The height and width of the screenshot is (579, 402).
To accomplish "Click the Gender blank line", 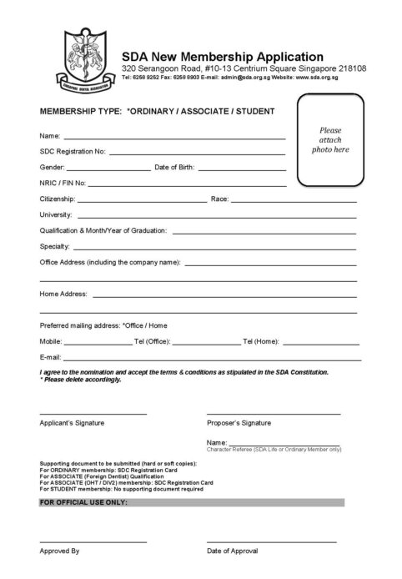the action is click(107, 169).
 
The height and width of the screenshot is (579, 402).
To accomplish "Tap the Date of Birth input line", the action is click(242, 169).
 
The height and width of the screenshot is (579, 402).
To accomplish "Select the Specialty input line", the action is click(214, 249).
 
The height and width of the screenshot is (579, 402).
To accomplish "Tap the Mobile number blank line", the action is click(98, 343).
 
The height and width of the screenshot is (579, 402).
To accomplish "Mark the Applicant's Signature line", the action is click(93, 414).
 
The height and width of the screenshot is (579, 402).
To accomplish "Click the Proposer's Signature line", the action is click(274, 414).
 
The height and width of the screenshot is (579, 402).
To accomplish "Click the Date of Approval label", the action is click(233, 551).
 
